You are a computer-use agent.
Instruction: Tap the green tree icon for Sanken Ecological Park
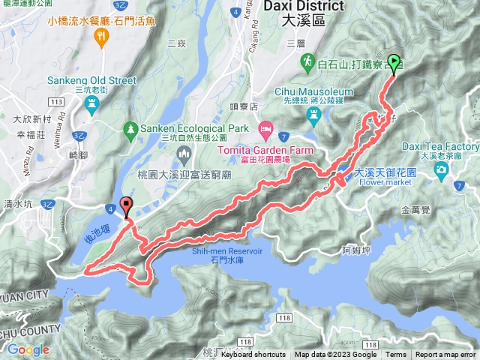point(131,128)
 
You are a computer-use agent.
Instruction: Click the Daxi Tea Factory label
point(450,145)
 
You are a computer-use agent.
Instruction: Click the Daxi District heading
point(304,6)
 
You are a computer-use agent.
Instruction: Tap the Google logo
point(28,349)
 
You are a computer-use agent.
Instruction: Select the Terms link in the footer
point(396,355)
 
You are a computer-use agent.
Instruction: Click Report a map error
point(445,355)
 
